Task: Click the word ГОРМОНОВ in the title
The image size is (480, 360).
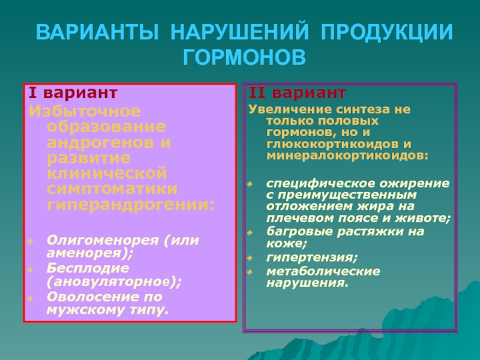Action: (244, 57)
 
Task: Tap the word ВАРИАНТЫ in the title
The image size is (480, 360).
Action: (97, 32)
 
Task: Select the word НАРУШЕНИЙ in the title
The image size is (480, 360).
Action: (239, 32)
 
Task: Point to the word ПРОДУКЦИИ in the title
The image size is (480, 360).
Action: (386, 32)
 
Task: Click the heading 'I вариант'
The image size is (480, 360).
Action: (73, 93)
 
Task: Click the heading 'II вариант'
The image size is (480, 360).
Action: (297, 93)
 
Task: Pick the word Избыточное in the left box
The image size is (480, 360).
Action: (85, 111)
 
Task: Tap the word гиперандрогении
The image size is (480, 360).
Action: (131, 205)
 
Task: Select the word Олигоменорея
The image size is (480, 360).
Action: (103, 240)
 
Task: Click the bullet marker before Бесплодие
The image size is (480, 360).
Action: (30, 269)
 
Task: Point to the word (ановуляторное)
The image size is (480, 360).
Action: (114, 282)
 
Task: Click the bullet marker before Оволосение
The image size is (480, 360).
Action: (30, 298)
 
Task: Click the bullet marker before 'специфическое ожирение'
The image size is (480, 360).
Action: (250, 184)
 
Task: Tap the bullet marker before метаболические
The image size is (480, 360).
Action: (250, 272)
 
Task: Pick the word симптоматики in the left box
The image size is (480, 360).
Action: (112, 189)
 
